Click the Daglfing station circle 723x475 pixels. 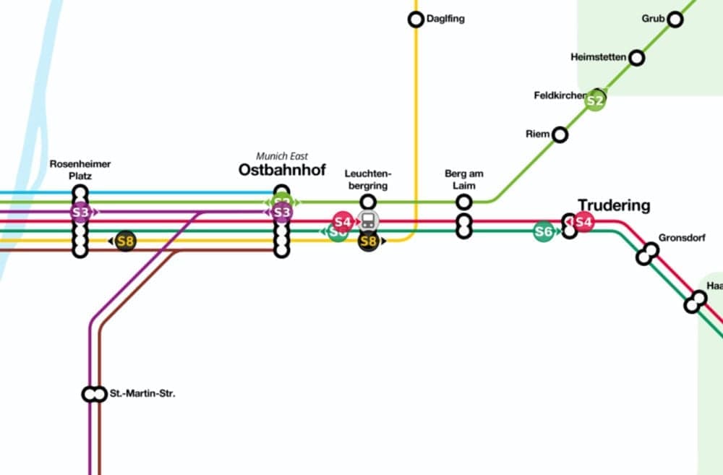tap(416, 20)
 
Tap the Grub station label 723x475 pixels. tap(653, 19)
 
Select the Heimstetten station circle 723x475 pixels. tap(637, 58)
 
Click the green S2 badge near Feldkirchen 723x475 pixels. tap(595, 101)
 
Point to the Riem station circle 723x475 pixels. tap(560, 134)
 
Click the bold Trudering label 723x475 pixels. tap(614, 205)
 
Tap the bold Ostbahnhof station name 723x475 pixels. tap(282, 171)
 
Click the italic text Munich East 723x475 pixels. tap(282, 156)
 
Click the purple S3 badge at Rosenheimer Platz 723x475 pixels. tap(80, 213)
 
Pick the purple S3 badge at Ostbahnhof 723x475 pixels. tap(282, 213)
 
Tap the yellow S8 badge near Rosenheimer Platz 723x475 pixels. tap(126, 241)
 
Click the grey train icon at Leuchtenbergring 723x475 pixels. tap(368, 221)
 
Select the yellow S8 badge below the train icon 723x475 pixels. tap(369, 241)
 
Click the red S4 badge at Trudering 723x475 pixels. tap(583, 222)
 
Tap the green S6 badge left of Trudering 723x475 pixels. tap(544, 231)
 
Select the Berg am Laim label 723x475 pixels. tap(464, 179)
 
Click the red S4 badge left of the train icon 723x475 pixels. tap(343, 221)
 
